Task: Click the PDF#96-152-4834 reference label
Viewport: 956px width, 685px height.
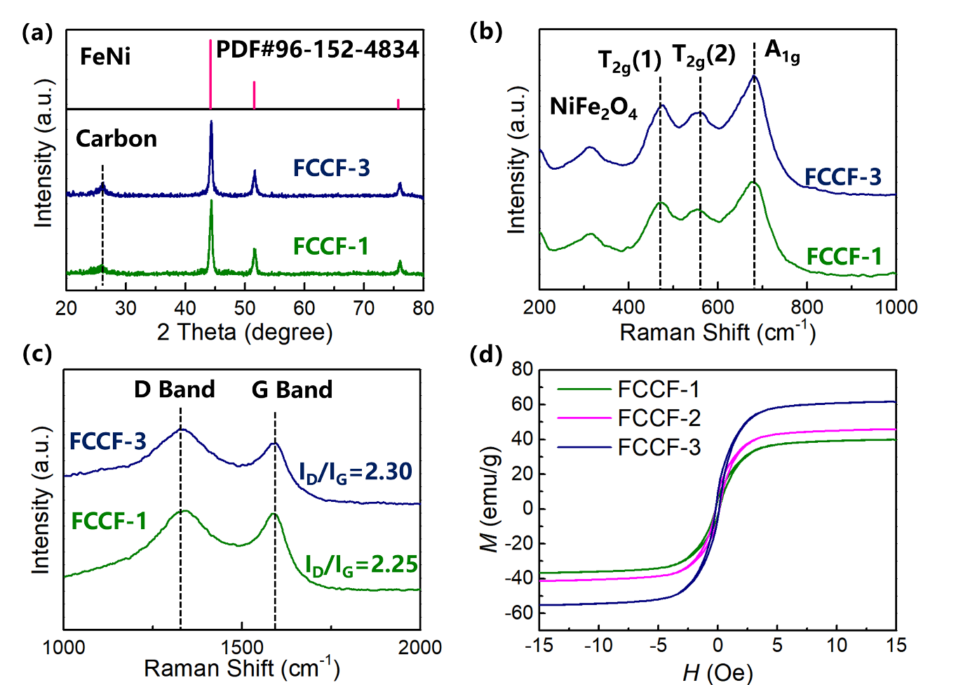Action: tap(317, 50)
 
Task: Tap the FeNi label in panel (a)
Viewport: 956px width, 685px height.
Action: tap(105, 56)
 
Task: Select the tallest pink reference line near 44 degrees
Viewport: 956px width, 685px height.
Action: tap(210, 74)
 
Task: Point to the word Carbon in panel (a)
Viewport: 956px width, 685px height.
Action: tap(116, 139)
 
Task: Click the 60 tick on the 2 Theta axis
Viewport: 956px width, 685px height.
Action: tap(304, 308)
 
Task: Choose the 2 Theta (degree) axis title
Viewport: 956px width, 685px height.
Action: tap(245, 332)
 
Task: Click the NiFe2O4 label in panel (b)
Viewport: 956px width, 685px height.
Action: tap(593, 107)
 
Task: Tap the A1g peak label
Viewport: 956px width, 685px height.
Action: tap(781, 51)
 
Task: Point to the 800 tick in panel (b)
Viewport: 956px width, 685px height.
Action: tap(807, 307)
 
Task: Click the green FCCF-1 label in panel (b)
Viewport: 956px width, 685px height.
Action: tap(844, 257)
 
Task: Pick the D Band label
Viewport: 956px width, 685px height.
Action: tap(175, 390)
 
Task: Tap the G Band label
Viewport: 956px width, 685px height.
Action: tap(292, 390)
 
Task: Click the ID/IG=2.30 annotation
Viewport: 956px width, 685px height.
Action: tap(356, 472)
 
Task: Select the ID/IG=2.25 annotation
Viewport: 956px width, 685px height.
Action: tap(361, 565)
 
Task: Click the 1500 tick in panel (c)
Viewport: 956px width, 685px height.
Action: tap(242, 647)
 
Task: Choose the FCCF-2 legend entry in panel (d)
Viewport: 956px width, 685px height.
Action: tap(659, 418)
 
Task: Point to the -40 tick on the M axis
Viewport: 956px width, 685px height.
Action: tap(519, 578)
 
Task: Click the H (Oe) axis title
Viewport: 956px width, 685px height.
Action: tap(718, 673)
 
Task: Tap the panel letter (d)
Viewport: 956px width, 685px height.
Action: tap(485, 354)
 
